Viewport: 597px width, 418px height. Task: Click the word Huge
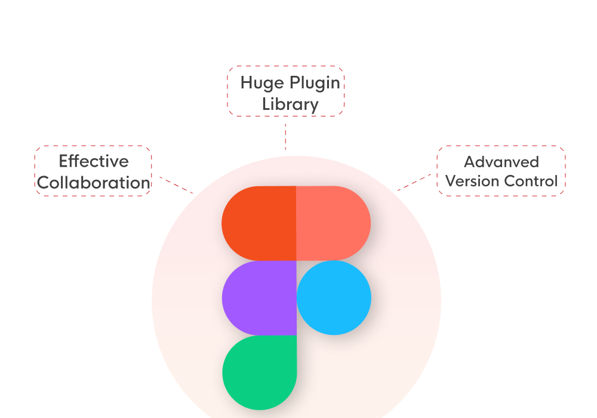point(261,84)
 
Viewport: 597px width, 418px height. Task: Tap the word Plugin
point(315,84)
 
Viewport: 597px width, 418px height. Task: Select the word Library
point(290,105)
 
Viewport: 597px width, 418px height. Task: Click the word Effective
point(94,161)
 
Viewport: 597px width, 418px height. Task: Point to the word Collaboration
point(94,183)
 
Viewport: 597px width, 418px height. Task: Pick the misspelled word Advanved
point(501,162)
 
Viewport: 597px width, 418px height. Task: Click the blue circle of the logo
point(334,298)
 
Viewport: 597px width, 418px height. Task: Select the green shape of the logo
point(260,372)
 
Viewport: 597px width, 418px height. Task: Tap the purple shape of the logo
point(260,298)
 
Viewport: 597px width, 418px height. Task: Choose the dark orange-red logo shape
point(259,223)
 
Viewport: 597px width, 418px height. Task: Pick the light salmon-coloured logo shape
point(333,223)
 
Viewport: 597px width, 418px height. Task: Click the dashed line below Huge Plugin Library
point(285,136)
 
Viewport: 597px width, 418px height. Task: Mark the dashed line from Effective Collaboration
point(176,185)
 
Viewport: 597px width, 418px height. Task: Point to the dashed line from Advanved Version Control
point(414,182)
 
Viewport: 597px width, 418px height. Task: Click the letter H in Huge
point(247,82)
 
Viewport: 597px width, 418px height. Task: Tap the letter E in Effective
point(64,161)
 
